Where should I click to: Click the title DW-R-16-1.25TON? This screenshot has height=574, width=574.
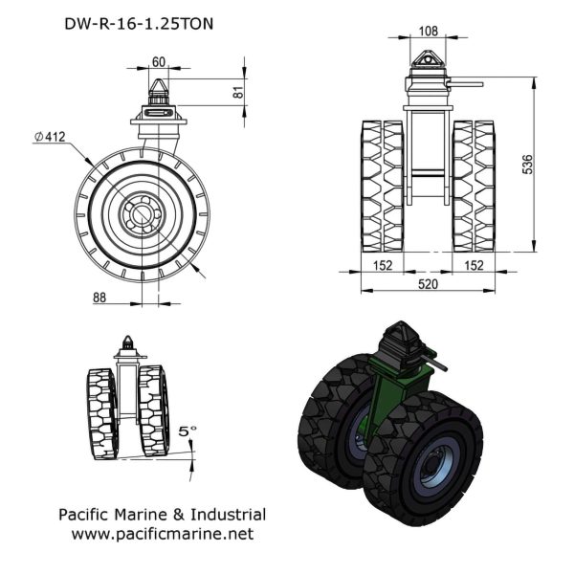pyautogui.click(x=139, y=24)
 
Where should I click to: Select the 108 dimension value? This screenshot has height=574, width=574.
pyautogui.click(x=428, y=32)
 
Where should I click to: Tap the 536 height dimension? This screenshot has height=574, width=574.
pyautogui.click(x=527, y=165)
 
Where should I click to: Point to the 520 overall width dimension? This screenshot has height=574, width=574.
pyautogui.click(x=428, y=284)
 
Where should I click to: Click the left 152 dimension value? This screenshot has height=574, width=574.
pyautogui.click(x=383, y=265)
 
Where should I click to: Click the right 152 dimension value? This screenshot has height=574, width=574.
pyautogui.click(x=474, y=265)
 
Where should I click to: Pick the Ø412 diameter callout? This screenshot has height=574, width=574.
pyautogui.click(x=50, y=137)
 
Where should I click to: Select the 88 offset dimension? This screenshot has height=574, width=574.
pyautogui.click(x=99, y=298)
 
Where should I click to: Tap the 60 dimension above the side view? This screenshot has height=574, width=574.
pyautogui.click(x=159, y=62)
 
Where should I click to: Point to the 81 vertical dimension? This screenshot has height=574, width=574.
pyautogui.click(x=238, y=92)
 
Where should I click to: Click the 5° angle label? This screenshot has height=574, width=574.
pyautogui.click(x=188, y=431)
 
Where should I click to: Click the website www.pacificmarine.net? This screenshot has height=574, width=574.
pyautogui.click(x=163, y=534)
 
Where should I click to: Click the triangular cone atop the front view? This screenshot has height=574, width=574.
pyautogui.click(x=428, y=58)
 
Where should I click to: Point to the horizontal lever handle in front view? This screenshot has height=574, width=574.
pyautogui.click(x=466, y=84)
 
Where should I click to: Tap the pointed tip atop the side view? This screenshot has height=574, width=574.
pyautogui.click(x=159, y=79)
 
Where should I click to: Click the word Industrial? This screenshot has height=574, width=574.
pyautogui.click(x=228, y=515)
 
